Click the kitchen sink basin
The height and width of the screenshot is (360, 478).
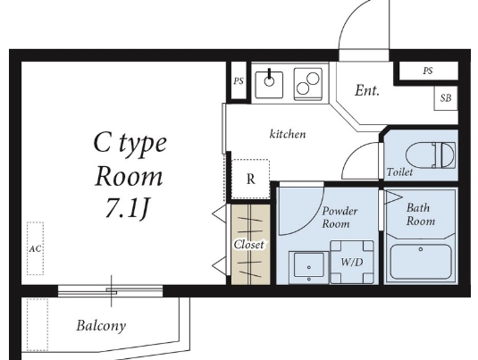pos(269,85)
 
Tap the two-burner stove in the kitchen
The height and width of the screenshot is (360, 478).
pos(308,84)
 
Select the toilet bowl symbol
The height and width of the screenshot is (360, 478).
pos(431,155)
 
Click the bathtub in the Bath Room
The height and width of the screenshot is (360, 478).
pos(421,262)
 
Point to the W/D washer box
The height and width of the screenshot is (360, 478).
pos(352,262)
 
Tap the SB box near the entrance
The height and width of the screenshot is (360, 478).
pos(446,98)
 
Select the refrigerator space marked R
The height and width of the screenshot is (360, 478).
pos(250,179)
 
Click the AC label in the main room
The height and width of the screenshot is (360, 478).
pos(35,248)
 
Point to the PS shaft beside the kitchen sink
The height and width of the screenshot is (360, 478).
pos(239,80)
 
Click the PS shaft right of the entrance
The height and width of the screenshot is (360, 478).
pos(428,71)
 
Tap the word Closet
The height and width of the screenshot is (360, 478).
pos(248,245)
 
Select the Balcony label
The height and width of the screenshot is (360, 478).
pos(101,325)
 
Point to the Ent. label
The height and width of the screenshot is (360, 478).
pos(367,90)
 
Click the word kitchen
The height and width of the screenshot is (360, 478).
pos(288,134)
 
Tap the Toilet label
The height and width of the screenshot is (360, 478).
pos(399,172)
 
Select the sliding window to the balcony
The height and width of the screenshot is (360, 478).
pos(111,291)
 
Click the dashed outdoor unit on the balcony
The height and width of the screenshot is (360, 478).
pos(38,324)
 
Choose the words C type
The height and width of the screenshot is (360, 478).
pos(130,143)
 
